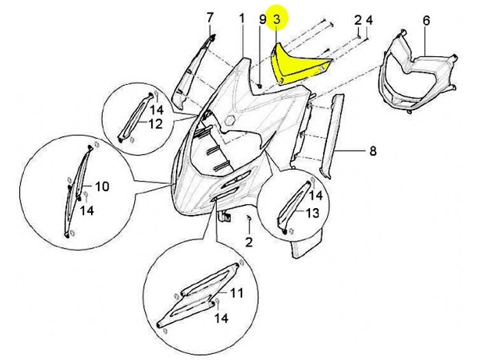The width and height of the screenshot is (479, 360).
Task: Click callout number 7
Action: tap(210, 18)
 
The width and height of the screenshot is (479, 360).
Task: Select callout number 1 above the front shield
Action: tap(242, 18)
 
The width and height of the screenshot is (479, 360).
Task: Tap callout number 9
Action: tap(262, 19)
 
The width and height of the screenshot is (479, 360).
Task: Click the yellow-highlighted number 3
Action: tap(276, 20)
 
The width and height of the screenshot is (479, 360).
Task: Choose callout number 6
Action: tap(426, 21)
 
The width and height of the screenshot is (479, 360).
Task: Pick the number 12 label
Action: tap(155, 124)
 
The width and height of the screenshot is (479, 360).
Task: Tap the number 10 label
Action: tap(101, 186)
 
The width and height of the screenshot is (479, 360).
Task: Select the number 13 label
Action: tap(312, 213)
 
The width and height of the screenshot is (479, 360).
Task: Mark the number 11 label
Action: tap(236, 294)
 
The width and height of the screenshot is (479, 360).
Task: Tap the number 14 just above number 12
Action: tap(156, 110)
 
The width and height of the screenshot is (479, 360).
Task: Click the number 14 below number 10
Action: tap(87, 211)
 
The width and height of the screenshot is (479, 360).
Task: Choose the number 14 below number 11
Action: tap(221, 318)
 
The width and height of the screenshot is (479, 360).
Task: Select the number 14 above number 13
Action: tap(315, 195)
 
